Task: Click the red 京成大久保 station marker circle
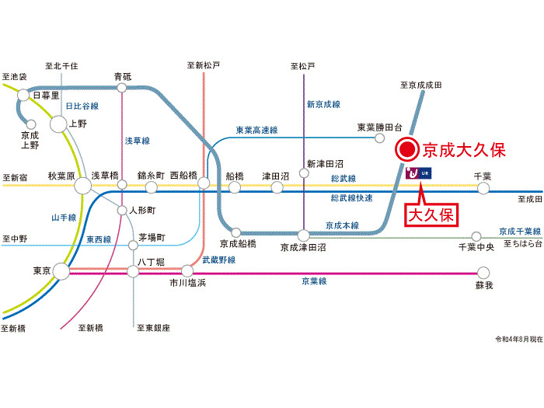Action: [x=405, y=150]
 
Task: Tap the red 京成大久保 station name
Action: [x=463, y=150]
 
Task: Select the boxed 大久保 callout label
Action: [x=431, y=214]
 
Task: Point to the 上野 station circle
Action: [x=59, y=123]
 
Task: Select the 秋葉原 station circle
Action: [x=82, y=186]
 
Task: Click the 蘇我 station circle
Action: [x=483, y=272]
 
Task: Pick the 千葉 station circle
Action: [x=483, y=187]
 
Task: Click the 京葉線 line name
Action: [x=314, y=281]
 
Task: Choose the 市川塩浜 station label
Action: [x=187, y=284]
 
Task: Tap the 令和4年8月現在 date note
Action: [x=516, y=340]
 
